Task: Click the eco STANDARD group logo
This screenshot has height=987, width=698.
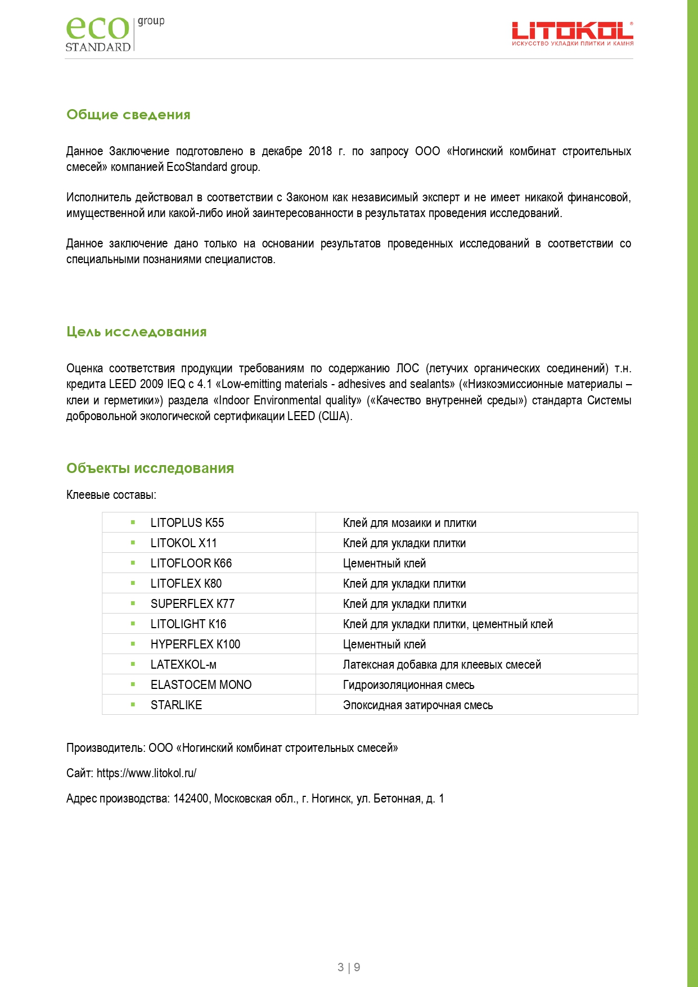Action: tap(115, 34)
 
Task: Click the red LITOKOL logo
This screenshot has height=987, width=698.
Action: tap(572, 34)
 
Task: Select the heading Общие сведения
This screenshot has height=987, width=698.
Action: tap(128, 115)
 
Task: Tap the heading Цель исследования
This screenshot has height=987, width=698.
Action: tap(136, 332)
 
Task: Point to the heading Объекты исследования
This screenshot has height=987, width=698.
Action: tap(150, 468)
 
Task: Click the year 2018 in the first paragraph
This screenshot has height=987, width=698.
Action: tap(320, 151)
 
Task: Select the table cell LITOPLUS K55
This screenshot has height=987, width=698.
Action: tap(187, 523)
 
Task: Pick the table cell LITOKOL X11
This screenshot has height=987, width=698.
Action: tap(183, 543)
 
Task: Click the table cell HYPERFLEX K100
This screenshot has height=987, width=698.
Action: tap(195, 645)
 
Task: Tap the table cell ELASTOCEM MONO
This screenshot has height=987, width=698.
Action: tap(201, 685)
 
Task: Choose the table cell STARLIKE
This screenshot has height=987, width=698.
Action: tap(176, 705)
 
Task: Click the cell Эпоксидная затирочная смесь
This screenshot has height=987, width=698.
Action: tap(417, 705)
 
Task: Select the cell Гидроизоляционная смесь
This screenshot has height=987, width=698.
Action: tap(408, 685)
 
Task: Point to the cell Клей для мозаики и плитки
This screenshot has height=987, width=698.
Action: tap(409, 523)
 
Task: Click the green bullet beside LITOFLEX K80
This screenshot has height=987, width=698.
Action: tap(133, 583)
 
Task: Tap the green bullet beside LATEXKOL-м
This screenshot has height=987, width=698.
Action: tap(133, 664)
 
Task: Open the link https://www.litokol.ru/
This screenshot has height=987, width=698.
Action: tap(146, 773)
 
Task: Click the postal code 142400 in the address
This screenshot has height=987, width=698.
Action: tap(191, 799)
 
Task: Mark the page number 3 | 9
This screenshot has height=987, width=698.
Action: tap(349, 967)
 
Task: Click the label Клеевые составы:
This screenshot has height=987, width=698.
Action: tap(111, 495)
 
